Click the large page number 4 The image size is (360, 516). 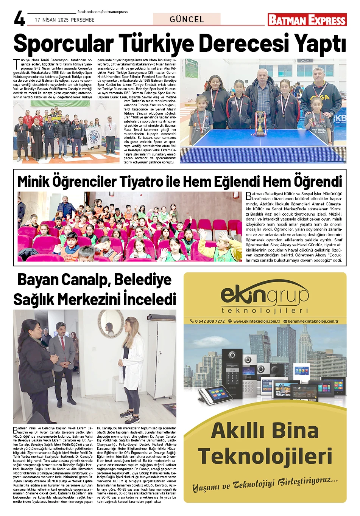coord(19,18)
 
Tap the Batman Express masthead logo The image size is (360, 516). coord(307,20)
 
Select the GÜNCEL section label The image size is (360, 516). coord(187,19)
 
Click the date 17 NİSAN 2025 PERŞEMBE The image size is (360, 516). coord(65,20)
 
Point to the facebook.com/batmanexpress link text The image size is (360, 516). coord(103,12)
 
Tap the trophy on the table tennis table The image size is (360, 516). coord(260,123)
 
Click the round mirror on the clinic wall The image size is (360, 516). coord(109,324)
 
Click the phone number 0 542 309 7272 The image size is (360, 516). coord(209,321)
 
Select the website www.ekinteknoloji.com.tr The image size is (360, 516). coord(256,321)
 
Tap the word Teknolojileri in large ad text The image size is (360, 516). coord(265,456)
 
